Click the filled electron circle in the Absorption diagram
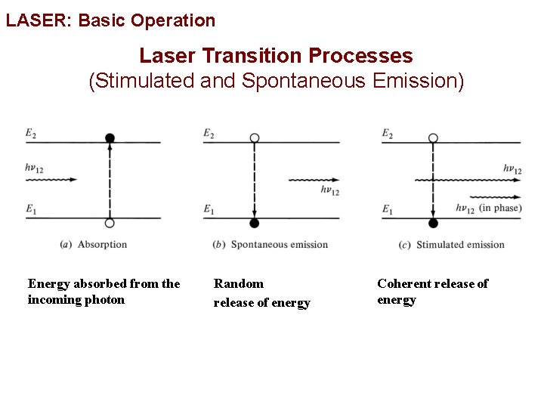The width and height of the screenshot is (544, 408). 110,138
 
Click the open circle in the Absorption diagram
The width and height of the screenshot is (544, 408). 110,223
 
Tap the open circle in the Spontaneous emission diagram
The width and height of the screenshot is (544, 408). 255,138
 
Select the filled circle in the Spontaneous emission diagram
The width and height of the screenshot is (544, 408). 255,223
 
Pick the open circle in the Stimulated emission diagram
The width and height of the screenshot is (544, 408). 433,138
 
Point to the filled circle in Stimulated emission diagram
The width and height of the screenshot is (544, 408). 433,223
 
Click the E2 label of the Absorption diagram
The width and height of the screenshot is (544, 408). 30,133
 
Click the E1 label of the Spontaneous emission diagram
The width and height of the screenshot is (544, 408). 209,209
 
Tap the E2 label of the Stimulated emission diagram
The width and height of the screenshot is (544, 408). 387,133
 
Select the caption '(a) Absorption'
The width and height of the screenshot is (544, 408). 93,244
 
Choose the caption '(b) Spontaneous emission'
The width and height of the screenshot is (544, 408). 271,244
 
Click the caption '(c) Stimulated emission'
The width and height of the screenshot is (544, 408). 451,244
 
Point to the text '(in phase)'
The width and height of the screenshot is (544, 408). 500,208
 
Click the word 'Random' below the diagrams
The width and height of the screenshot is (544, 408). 239,283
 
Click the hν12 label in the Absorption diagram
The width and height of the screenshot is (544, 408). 34,168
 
